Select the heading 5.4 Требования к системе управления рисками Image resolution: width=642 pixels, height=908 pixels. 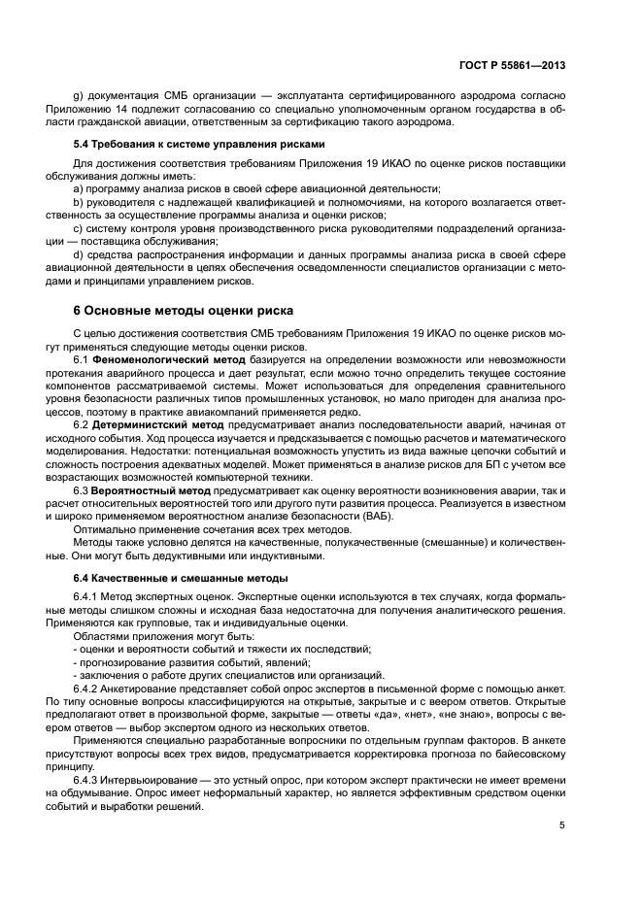[x=186, y=144]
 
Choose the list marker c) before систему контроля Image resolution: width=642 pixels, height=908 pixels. [x=79, y=228]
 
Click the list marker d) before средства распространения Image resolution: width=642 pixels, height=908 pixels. [x=79, y=254]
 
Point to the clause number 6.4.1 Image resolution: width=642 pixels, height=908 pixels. [x=88, y=595]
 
